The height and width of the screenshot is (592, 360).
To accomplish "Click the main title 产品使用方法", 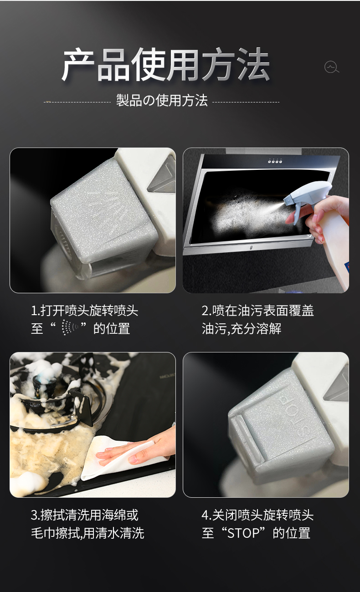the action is (166, 64).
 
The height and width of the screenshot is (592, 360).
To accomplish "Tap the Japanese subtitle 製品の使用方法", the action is (162, 101).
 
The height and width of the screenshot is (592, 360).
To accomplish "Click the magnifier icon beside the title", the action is (331, 67).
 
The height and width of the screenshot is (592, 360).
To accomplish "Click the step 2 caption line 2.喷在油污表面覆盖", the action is (257, 311).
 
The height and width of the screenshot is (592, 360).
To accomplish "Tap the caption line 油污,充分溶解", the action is (242, 329).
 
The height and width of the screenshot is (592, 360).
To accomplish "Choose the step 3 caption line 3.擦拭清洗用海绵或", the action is (84, 515).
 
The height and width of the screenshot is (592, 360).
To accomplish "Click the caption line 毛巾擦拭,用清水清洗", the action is (87, 533).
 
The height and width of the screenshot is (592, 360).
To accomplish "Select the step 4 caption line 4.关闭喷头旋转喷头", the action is (257, 515).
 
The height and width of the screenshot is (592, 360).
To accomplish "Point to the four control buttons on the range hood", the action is (275, 161).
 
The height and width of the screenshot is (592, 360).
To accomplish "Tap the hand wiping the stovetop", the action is (140, 448).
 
